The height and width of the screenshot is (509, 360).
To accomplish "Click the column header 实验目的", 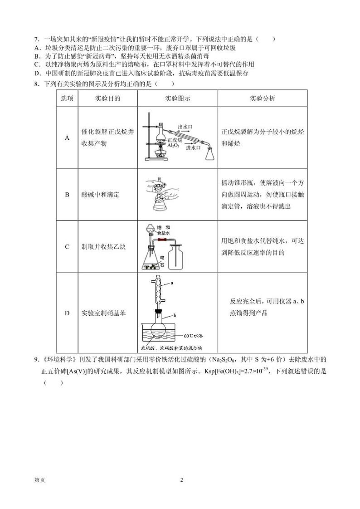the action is [x=108, y=98].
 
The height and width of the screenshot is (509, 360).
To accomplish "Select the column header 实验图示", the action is [x=177, y=98].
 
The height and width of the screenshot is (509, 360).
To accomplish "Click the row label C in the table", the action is [x=67, y=247].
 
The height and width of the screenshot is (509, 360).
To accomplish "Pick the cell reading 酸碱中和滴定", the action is [x=100, y=195].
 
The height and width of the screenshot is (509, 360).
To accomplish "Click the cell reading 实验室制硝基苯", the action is [x=103, y=313].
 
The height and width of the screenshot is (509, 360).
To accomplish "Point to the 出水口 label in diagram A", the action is [x=185, y=127].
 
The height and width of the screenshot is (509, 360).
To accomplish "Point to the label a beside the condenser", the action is [x=173, y=283].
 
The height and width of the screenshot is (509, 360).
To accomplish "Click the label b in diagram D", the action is [x=175, y=315].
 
